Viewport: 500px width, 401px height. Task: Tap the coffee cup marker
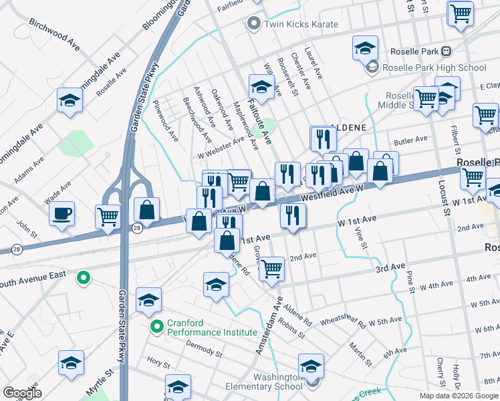pyautogui.click(x=62, y=214)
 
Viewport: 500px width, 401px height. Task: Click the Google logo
pyautogui.click(x=22, y=393)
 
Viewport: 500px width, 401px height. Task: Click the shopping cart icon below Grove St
pyautogui.click(x=271, y=268)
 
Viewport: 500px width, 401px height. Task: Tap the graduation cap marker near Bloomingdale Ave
pyautogui.click(x=70, y=100)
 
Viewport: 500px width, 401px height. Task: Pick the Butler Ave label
pyautogui.click(x=410, y=140)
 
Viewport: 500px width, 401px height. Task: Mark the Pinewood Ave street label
pyautogui.click(x=165, y=121)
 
